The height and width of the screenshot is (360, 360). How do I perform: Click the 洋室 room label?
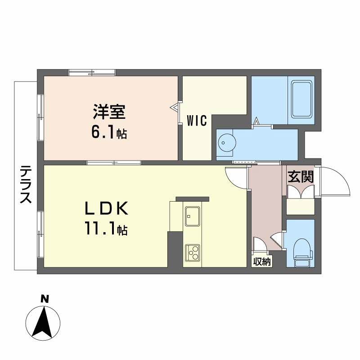109,112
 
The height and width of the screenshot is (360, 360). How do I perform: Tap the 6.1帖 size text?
109,133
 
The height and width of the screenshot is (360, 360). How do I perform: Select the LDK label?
106,208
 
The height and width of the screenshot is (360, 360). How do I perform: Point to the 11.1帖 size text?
106,228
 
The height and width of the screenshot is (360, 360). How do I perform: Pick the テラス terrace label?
26,184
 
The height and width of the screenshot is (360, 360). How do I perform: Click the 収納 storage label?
262,261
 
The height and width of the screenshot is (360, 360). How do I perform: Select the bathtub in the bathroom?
301,99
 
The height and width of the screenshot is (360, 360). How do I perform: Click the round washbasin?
226,143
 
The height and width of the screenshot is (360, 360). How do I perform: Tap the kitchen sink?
193,216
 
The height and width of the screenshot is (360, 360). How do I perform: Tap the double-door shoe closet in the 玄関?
301,192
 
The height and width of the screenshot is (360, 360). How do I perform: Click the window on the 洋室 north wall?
92,72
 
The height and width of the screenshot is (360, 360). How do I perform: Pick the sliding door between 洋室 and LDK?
114,163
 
